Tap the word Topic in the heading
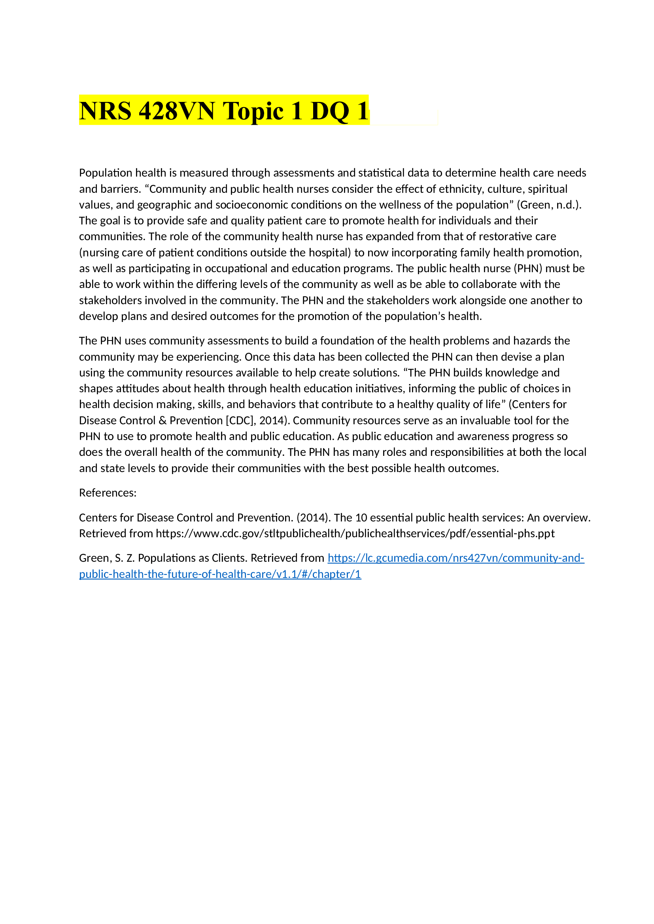tap(253, 111)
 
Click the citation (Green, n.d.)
tap(549, 205)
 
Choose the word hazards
tap(532, 341)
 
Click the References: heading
tap(108, 493)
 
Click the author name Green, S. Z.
tap(107, 558)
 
